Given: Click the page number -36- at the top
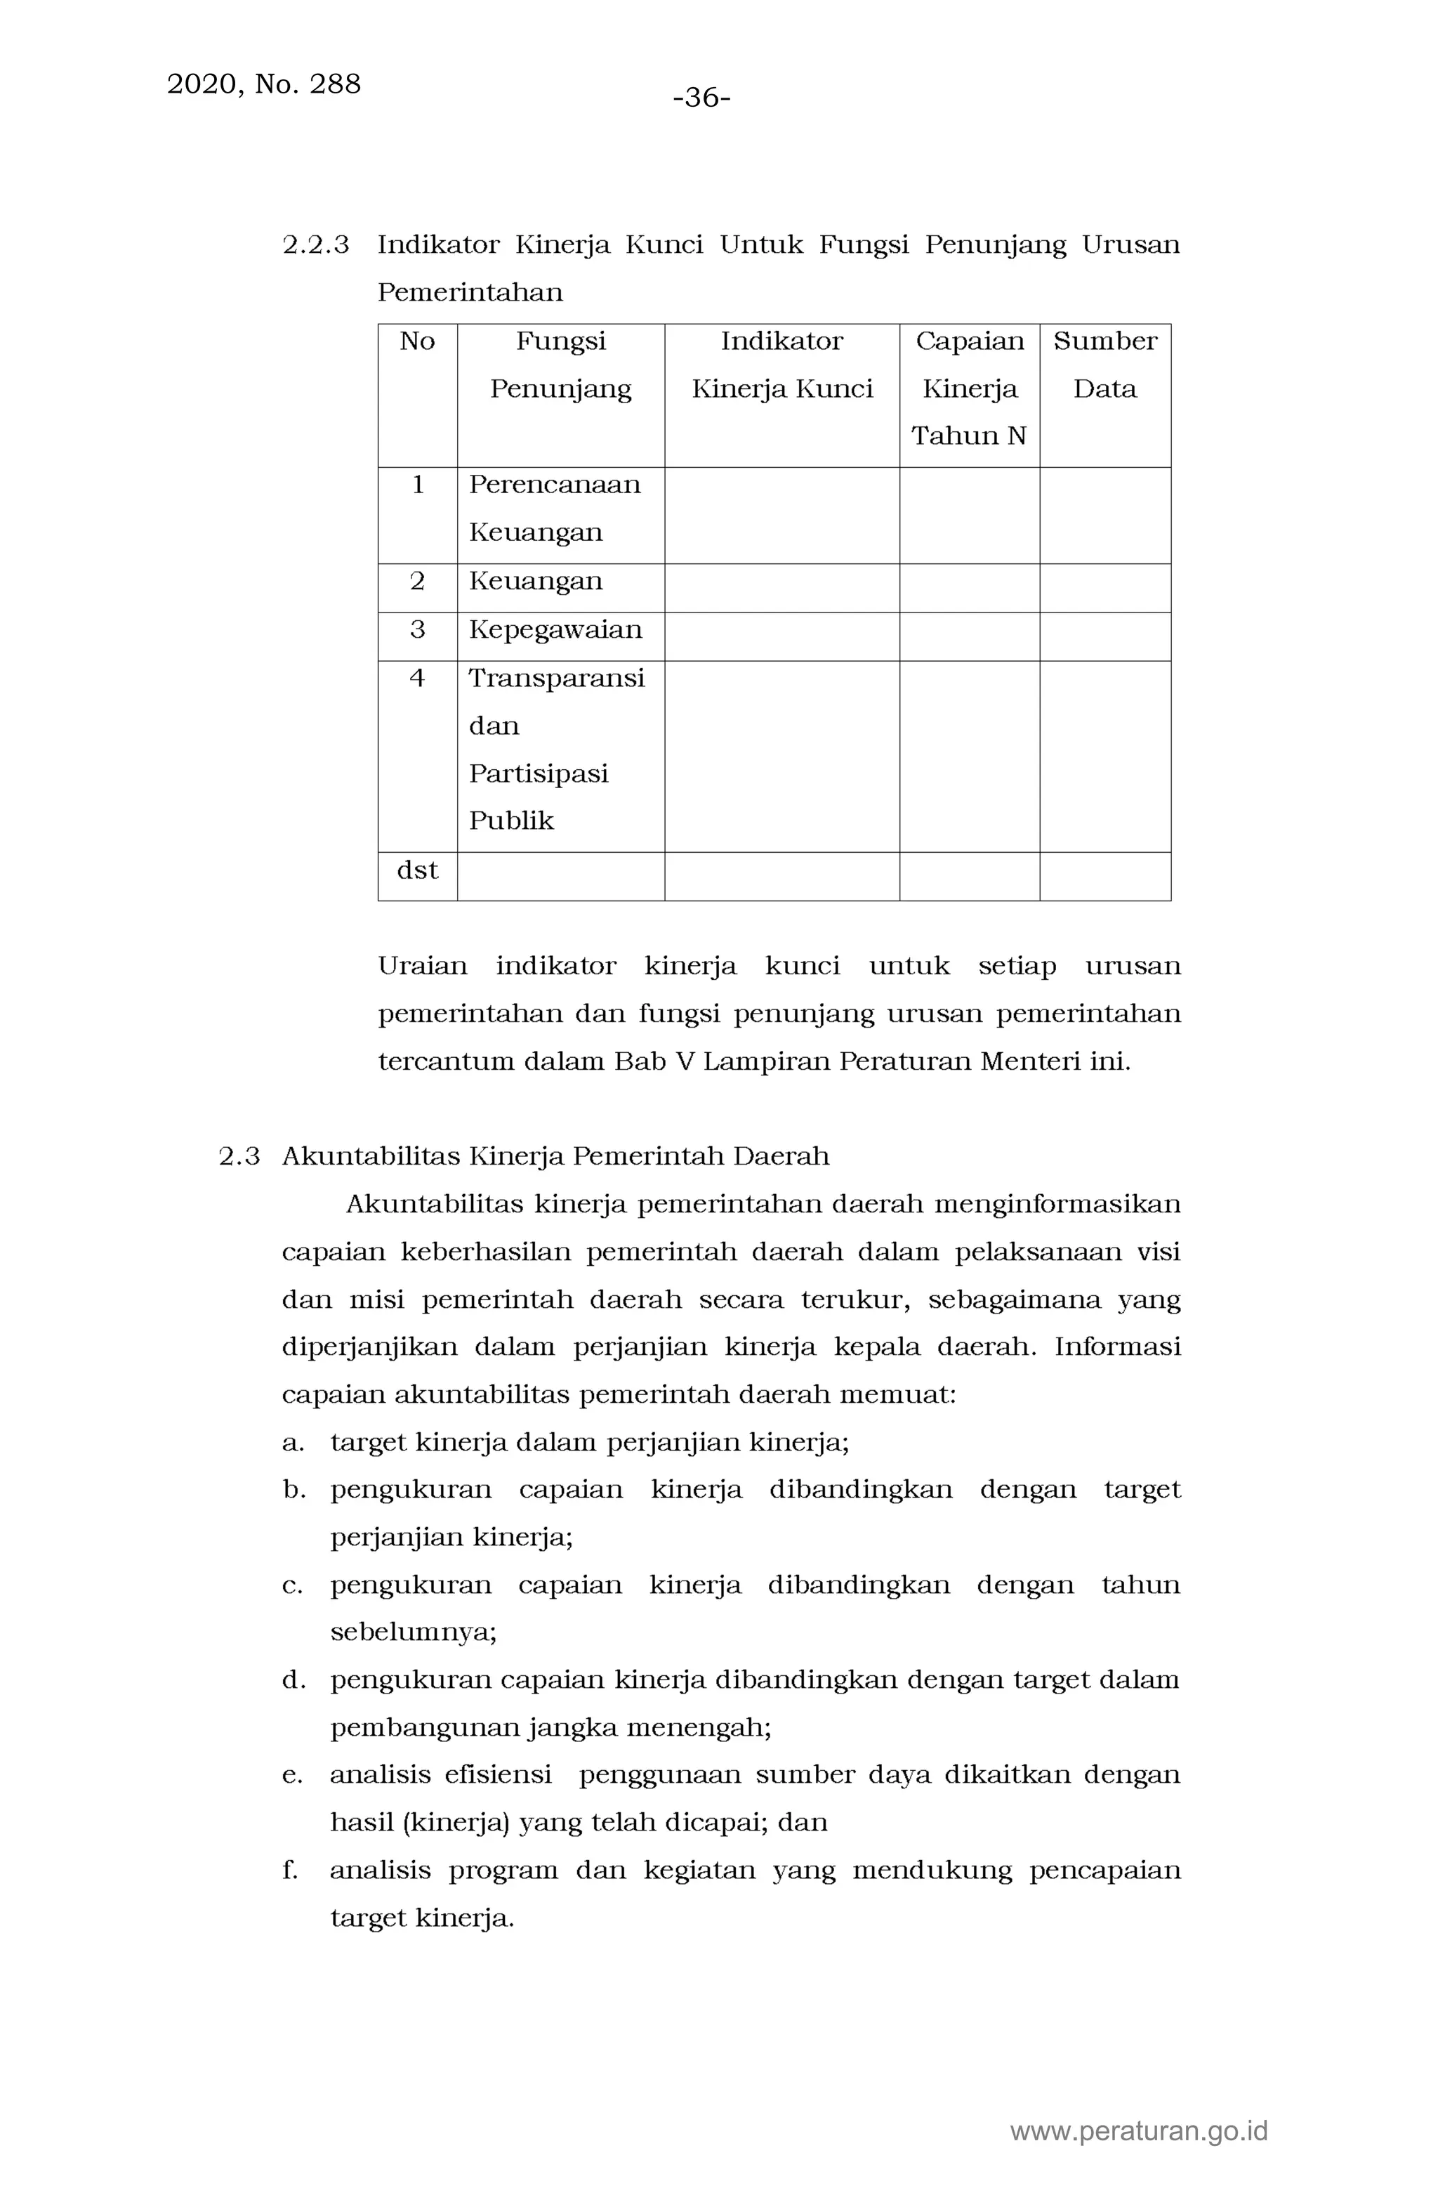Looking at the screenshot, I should click(x=701, y=97).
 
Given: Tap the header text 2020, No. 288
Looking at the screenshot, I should click(x=263, y=84).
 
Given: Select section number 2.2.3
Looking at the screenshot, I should click(x=315, y=245).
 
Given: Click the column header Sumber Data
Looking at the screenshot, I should click(x=1104, y=364).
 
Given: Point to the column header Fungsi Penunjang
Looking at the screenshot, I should click(x=560, y=364).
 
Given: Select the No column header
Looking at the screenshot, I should click(x=417, y=341).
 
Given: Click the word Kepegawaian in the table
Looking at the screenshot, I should click(x=555, y=629).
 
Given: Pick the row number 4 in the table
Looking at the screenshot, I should click(x=417, y=678).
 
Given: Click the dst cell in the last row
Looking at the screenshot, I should click(x=417, y=870).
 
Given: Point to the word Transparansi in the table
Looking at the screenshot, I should click(x=556, y=678).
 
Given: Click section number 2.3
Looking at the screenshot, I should click(x=239, y=1156).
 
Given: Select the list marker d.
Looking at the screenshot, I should click(x=293, y=1680).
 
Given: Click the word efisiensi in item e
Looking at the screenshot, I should click(x=497, y=1775).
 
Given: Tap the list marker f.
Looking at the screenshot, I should click(x=290, y=1870).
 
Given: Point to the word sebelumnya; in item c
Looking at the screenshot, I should click(x=413, y=1632).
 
